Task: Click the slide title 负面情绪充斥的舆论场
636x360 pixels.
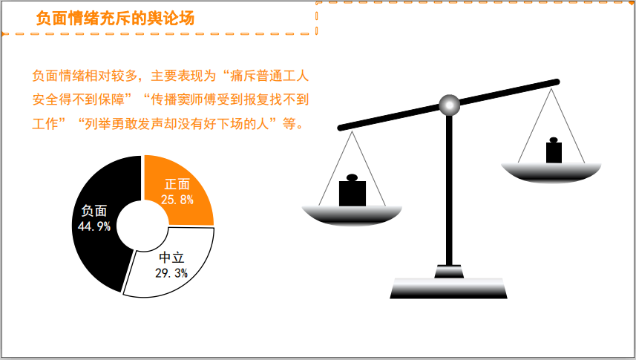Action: pos(115,19)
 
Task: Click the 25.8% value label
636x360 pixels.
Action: pos(177,200)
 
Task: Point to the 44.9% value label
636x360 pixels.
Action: pos(94,226)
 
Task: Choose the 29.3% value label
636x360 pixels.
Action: pos(171,273)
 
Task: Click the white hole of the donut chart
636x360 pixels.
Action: pos(143,226)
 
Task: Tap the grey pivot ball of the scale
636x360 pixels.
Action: pos(450,105)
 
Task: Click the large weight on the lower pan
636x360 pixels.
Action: pos(352,191)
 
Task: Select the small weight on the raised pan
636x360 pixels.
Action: pos(554,151)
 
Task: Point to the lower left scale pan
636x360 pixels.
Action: pos(352,215)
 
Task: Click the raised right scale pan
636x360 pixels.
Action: pos(551,172)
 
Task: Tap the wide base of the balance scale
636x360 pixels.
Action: pos(448,288)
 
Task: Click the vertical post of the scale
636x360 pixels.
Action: pos(449,191)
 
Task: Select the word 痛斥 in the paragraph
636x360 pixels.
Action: pos(243,76)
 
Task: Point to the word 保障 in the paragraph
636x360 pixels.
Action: pos(111,100)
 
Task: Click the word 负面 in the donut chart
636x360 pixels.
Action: pos(94,211)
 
